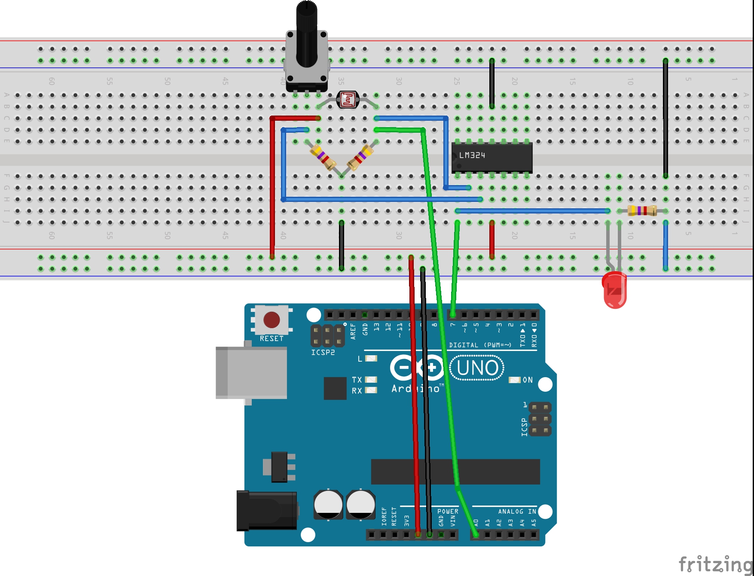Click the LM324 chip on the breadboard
(x=491, y=157)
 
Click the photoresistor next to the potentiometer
(x=347, y=100)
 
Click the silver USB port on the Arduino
(x=251, y=372)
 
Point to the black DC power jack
(x=266, y=511)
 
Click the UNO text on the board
(x=477, y=368)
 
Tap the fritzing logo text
(x=715, y=564)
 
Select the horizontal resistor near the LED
(x=642, y=210)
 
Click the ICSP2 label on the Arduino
(x=323, y=353)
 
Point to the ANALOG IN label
(x=517, y=512)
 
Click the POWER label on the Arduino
(x=448, y=512)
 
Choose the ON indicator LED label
(x=528, y=380)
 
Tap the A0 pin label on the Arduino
(x=476, y=523)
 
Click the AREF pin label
(x=353, y=331)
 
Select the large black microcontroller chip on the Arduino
(x=455, y=472)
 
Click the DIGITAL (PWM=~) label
(x=480, y=345)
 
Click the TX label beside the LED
(x=357, y=380)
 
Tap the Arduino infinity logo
(x=417, y=368)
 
